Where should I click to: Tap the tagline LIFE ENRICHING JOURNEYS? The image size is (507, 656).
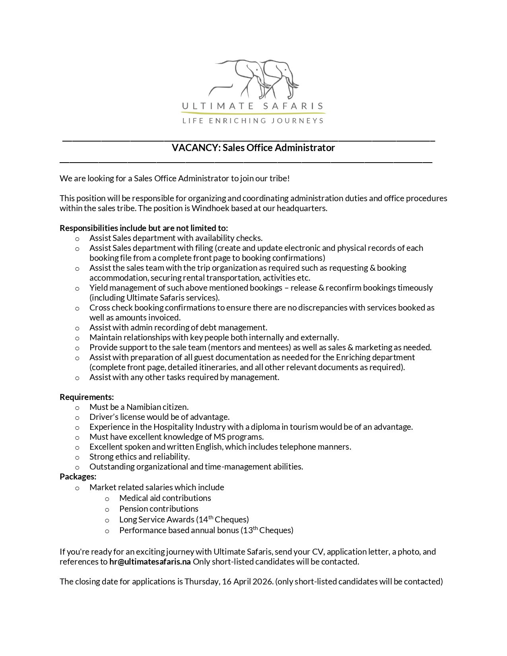point(253,120)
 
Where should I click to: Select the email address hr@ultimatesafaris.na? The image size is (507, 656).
point(150,562)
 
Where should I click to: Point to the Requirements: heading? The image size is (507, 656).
point(87,397)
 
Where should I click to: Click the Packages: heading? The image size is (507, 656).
point(78,476)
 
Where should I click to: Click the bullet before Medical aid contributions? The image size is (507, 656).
point(107,499)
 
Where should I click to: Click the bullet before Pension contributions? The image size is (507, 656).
point(107,509)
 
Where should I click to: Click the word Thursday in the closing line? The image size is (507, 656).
point(202,582)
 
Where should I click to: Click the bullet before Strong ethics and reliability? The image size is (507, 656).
point(77,457)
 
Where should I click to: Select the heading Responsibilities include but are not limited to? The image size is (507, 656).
point(144,228)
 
